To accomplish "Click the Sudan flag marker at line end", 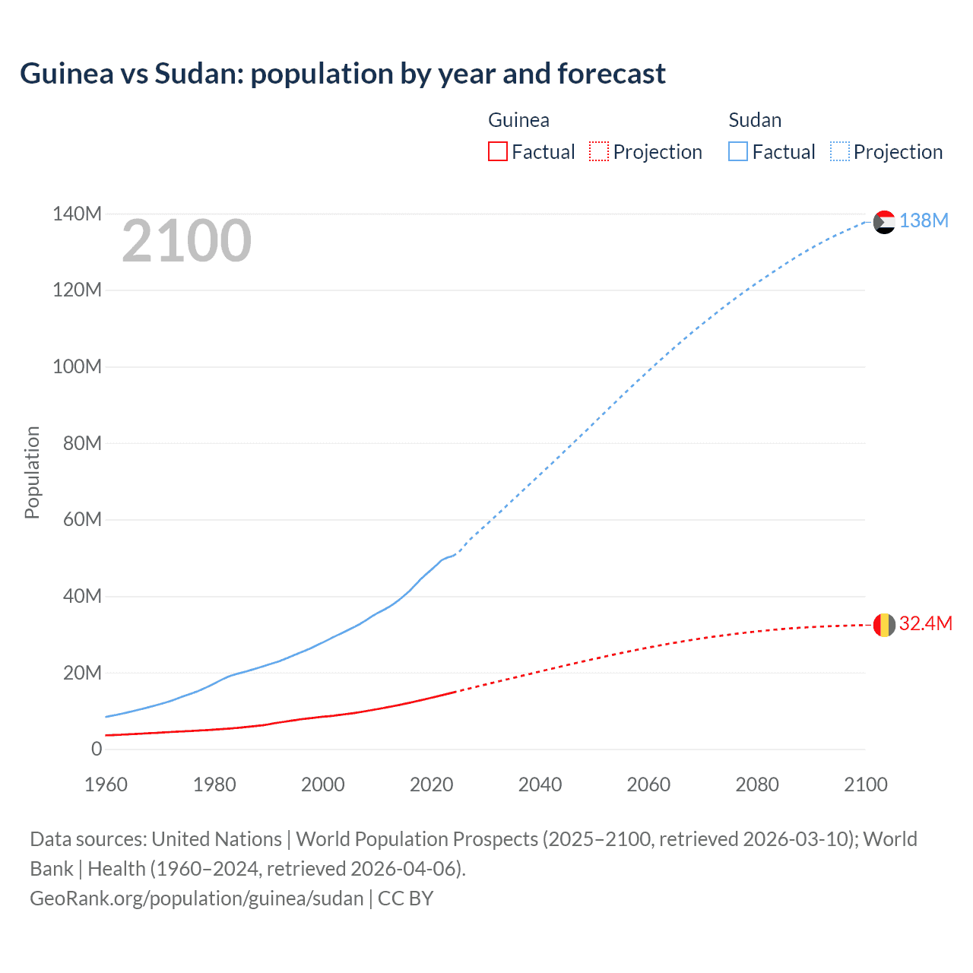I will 884,222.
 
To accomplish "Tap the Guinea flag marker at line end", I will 884,625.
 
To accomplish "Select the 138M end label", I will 924,220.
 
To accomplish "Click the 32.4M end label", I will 925,623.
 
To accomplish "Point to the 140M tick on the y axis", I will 77,214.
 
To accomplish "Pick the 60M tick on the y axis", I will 82,520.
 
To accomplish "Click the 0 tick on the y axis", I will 97,749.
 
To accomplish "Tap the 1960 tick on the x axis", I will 106,784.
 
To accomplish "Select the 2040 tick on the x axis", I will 540,784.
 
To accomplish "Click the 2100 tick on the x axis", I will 865,784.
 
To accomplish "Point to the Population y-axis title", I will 32,472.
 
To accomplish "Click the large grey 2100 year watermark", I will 186,241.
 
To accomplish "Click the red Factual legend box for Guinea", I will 497,151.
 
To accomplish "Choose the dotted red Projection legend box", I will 599,151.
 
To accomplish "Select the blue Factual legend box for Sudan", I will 737,151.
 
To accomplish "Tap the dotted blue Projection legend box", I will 839,151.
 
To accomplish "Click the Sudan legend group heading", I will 754,120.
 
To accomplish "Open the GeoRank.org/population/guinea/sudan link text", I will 196,898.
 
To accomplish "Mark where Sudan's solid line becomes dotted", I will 455,554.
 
